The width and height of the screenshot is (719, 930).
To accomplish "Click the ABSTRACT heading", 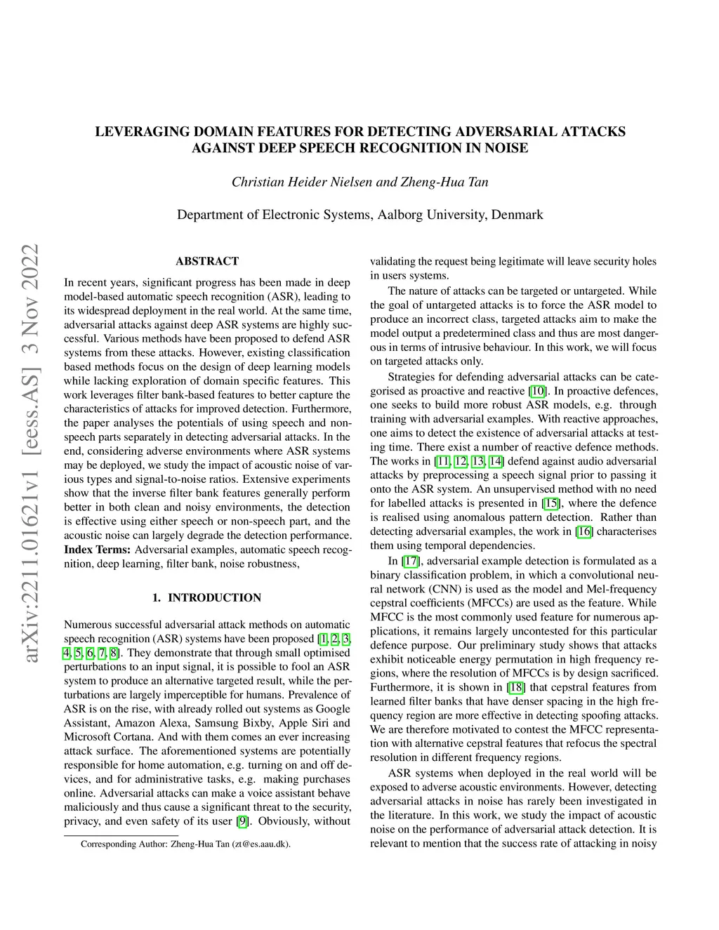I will click(207, 261).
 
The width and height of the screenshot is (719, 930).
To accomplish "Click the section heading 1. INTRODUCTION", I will click(207, 597).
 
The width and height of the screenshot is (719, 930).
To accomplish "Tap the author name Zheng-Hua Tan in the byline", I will click(444, 182).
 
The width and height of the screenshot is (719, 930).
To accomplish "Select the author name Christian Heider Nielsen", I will click(302, 182).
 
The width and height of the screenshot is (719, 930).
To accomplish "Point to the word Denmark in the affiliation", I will click(517, 214).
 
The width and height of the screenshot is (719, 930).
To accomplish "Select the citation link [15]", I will click(550, 503).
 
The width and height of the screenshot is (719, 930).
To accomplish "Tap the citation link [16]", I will click(584, 531).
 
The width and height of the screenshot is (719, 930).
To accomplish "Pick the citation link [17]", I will click(411, 561).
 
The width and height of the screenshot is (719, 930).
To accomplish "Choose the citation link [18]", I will click(516, 687).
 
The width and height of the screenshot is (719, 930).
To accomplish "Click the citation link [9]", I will click(243, 821).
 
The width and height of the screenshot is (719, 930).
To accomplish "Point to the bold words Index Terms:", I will click(97, 550).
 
